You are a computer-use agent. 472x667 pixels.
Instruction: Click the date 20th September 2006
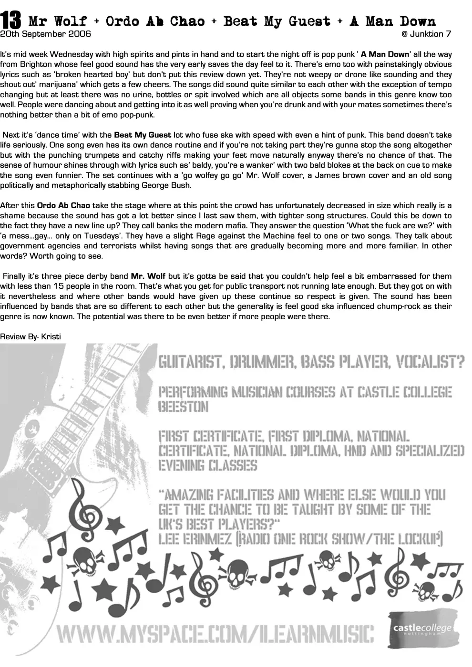click(x=46, y=34)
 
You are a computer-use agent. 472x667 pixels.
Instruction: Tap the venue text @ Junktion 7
click(x=426, y=34)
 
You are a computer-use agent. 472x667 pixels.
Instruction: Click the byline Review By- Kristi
click(x=31, y=337)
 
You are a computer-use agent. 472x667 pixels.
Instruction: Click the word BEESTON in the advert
click(x=183, y=407)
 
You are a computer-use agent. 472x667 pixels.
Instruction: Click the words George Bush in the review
click(x=170, y=186)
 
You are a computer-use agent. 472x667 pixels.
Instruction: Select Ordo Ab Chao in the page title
click(x=155, y=21)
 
